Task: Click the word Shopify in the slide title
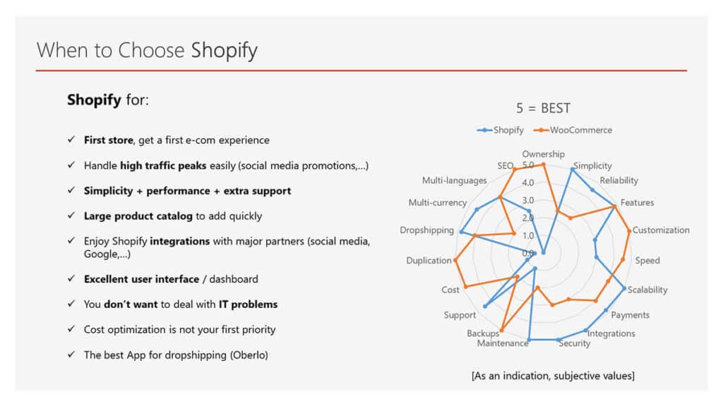(224, 50)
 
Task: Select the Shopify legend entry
(501, 130)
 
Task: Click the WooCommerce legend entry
(573, 130)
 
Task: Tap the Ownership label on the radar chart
(543, 154)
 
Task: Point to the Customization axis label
(661, 230)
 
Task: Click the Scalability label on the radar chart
(647, 290)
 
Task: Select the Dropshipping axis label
(427, 230)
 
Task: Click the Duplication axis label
(429, 261)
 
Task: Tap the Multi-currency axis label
(438, 202)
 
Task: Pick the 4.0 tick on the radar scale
(528, 183)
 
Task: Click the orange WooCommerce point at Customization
(629, 230)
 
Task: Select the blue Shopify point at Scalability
(624, 288)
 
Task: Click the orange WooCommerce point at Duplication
(455, 260)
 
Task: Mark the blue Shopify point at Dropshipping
(462, 232)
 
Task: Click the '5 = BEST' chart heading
(543, 108)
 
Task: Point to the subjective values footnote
(553, 376)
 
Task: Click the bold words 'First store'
(108, 140)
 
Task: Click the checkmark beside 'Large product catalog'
(71, 216)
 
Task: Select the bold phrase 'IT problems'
(248, 304)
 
